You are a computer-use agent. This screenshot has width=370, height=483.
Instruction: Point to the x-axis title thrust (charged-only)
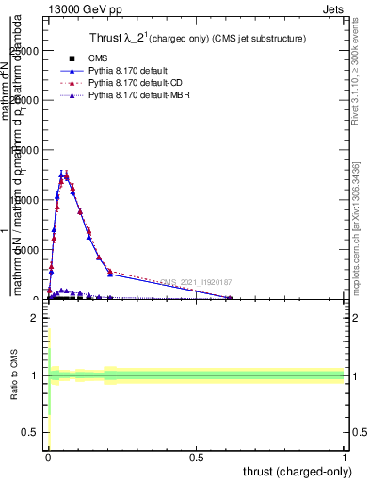tap(298, 471)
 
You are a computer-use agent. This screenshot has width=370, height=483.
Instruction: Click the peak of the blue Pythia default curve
tap(62, 174)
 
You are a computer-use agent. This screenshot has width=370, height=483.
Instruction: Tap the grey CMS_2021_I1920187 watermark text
tap(195, 281)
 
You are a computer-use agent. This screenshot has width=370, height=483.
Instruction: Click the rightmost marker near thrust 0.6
tap(229, 298)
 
